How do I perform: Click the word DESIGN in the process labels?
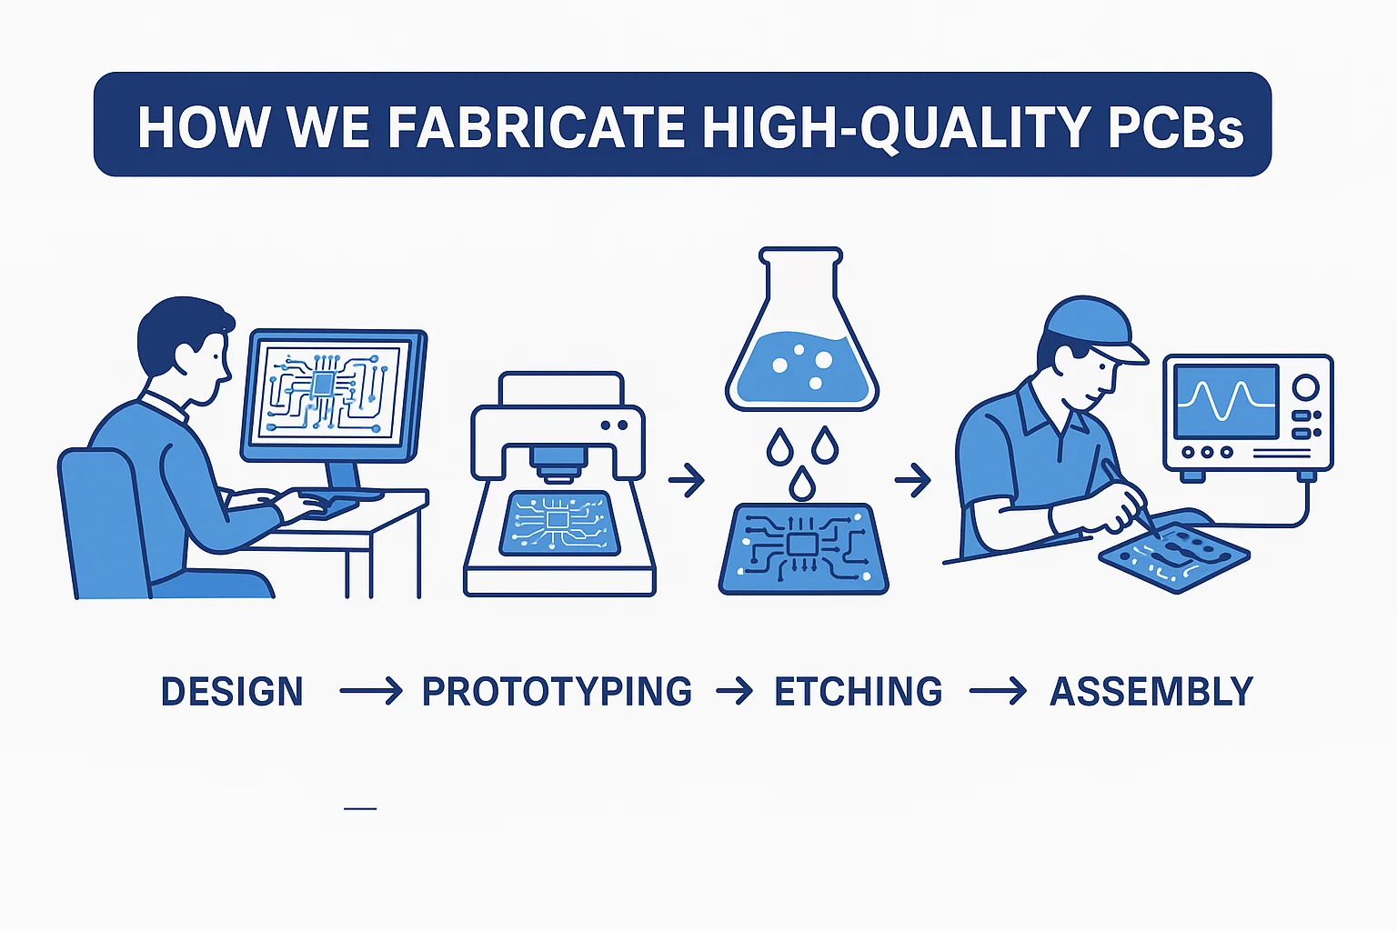point(232,691)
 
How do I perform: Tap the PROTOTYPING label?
point(557,691)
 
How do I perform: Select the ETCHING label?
point(859,691)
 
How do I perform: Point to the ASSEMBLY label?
point(1152,691)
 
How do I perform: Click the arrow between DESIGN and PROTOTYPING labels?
point(370,691)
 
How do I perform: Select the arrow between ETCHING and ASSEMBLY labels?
point(998,691)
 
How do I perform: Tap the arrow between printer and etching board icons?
point(687,480)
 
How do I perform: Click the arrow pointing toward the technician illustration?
point(913,480)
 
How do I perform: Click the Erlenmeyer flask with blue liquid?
point(802,329)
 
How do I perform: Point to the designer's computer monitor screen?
point(333,395)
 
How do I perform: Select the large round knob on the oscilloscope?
point(1305,387)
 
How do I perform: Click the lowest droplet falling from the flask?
point(802,483)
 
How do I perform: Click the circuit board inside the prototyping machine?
point(559,523)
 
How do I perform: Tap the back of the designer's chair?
point(103,523)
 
